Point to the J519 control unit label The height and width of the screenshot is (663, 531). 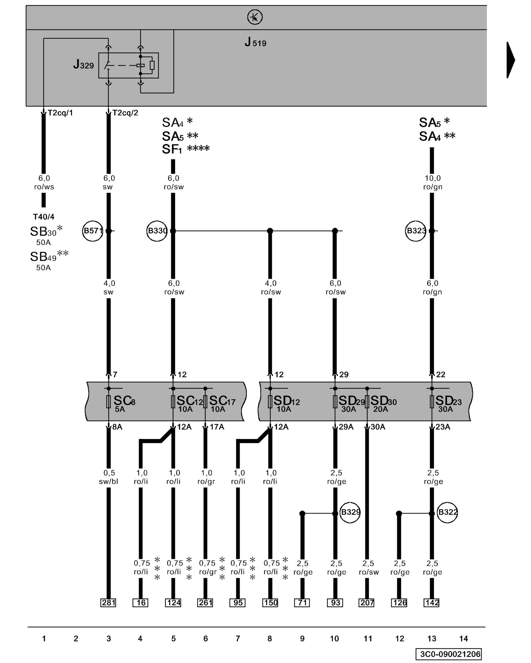(x=255, y=42)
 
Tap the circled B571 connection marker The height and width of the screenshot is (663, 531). (x=93, y=231)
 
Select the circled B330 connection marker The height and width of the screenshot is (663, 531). (x=157, y=231)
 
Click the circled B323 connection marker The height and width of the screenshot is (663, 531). (x=416, y=231)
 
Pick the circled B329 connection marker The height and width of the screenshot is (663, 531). (x=350, y=512)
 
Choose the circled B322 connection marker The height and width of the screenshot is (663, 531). (x=447, y=512)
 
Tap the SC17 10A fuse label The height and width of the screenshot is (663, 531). (x=221, y=403)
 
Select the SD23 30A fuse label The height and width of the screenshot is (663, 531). (x=448, y=403)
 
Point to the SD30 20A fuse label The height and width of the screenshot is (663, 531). (x=383, y=403)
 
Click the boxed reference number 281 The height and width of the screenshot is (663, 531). (x=109, y=603)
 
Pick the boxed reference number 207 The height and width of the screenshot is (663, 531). (x=367, y=603)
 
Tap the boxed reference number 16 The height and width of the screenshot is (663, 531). (x=141, y=603)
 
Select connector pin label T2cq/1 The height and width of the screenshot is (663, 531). (x=60, y=113)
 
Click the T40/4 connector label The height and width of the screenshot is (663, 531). (x=43, y=217)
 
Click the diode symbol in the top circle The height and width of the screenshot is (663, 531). (x=255, y=17)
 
